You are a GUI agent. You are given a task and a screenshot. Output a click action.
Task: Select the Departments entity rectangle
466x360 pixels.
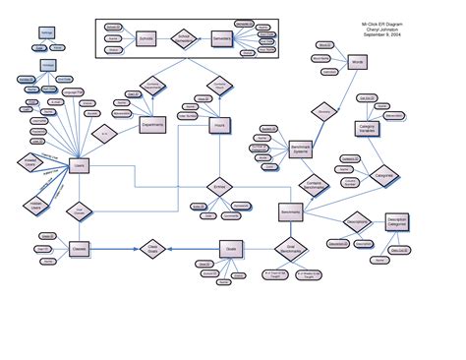(152, 126)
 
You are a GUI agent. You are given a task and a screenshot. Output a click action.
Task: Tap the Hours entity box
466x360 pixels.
(220, 127)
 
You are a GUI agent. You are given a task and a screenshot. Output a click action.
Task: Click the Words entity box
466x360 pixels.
(357, 62)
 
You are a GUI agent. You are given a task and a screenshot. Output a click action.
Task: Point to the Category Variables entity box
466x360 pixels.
(368, 129)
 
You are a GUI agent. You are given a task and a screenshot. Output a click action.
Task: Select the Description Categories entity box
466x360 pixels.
(397, 223)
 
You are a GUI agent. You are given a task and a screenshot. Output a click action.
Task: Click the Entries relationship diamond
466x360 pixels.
(218, 185)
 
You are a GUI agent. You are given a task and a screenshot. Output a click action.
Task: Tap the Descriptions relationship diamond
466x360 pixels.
(356, 220)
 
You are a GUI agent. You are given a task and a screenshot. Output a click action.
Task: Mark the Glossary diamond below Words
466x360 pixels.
(323, 112)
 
